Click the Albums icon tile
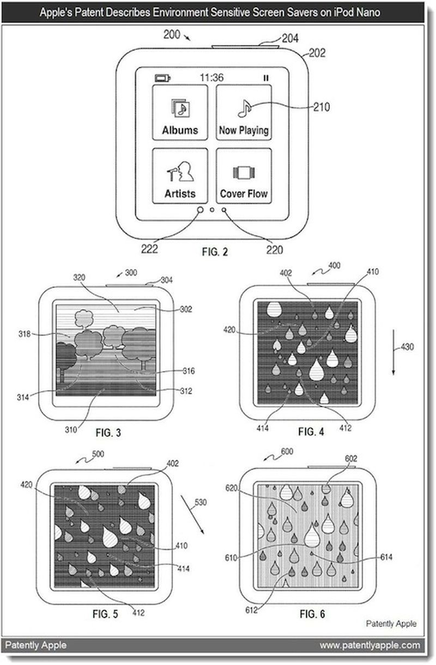coord(180,112)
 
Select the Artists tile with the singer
coord(180,175)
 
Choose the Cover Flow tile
coord(244,175)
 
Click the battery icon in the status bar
coord(162,78)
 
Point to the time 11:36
coord(211,78)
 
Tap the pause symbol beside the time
coord(266,78)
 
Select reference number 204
coord(290,38)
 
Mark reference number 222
coord(149,249)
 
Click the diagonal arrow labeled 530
coord(195,515)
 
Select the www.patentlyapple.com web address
coord(370,645)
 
